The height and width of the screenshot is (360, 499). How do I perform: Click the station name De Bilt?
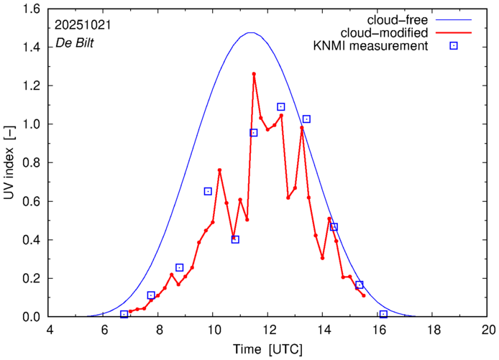point(75,44)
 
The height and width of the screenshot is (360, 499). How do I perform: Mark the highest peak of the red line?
point(254,73)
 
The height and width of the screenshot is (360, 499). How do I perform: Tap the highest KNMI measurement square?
point(281,107)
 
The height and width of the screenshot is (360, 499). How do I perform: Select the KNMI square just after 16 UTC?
point(383,314)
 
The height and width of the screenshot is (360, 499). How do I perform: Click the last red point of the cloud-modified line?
point(364,295)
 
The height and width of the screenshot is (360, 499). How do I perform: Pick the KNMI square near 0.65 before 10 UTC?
point(208,191)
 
